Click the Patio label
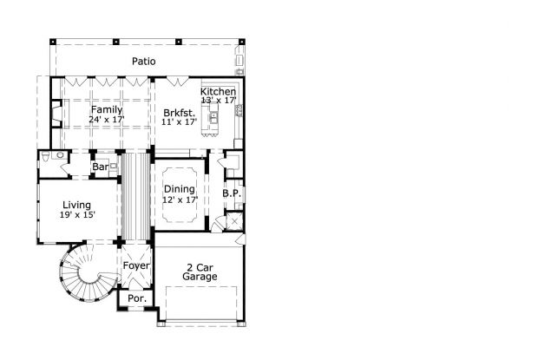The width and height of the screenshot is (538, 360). coord(143,61)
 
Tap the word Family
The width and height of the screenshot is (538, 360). coord(106,109)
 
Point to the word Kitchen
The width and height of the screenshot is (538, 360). coord(218,91)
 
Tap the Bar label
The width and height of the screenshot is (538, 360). coord(101,166)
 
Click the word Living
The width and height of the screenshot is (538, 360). coord(76,205)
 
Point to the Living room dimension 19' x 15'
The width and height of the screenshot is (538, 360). coord(76,215)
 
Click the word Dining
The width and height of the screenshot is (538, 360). coord(180,189)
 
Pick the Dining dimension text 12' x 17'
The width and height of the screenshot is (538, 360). coord(180,200)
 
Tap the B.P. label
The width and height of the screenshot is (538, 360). coord(231,193)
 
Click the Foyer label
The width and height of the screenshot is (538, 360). coord(136,265)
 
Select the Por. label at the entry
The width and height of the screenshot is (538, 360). coord(137,298)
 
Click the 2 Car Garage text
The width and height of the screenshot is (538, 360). coord(200,272)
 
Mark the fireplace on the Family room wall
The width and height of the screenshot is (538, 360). coord(56,114)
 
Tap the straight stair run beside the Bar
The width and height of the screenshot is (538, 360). coord(134,195)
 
